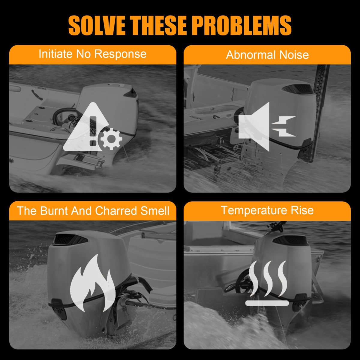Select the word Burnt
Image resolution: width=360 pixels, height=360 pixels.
pyautogui.click(x=54, y=211)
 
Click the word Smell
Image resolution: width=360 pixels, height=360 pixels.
pyautogui.click(x=155, y=211)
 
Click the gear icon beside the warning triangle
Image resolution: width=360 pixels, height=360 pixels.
pyautogui.click(x=111, y=139)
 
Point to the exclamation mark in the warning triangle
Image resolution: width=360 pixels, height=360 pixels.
pyautogui.click(x=93, y=131)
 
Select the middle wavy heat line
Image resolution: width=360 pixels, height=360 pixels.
pyautogui.click(x=268, y=279)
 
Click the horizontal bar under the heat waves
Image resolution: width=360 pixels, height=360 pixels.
pyautogui.click(x=267, y=303)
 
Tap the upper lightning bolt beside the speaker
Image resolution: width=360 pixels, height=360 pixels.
pyautogui.click(x=283, y=121)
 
